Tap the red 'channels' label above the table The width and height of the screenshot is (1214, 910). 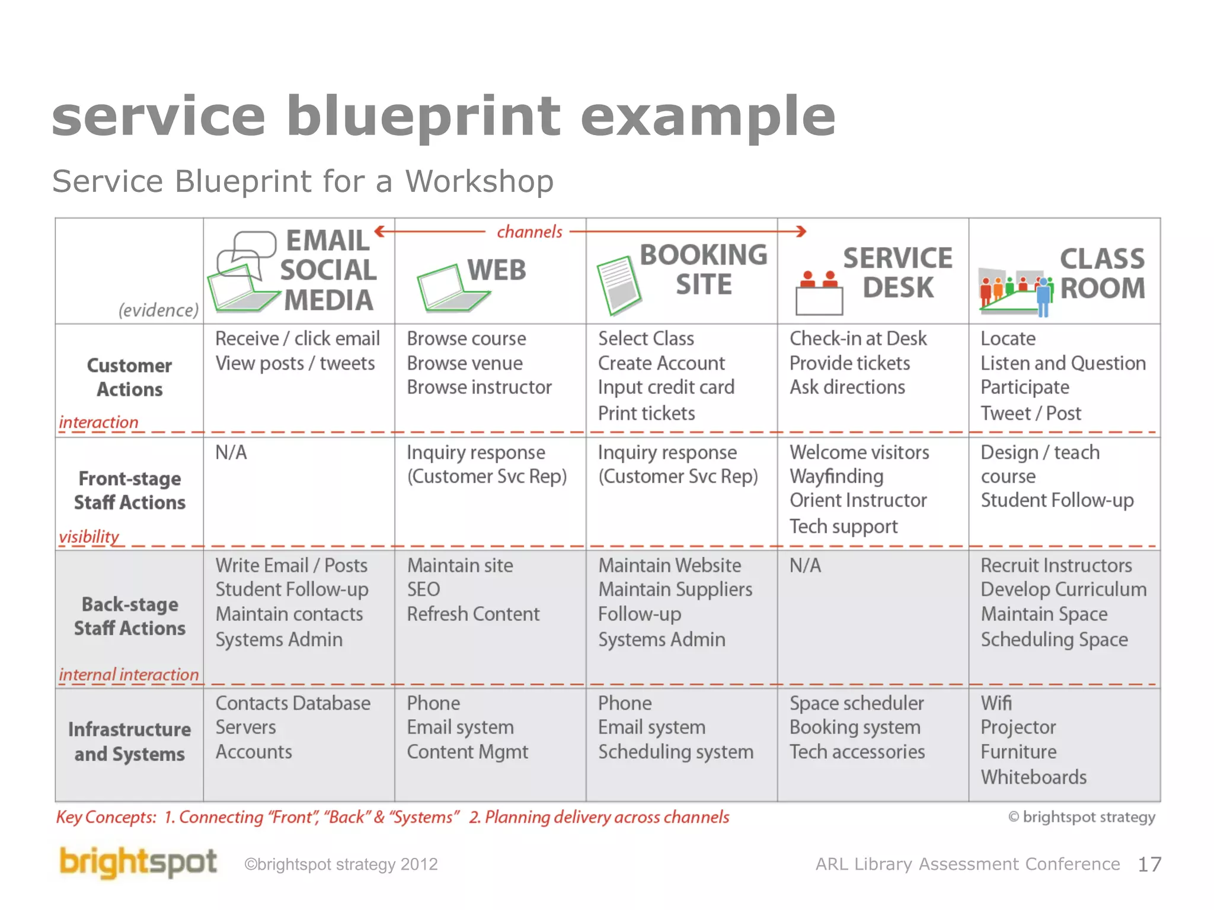(529, 232)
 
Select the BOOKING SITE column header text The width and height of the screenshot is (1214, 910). (703, 270)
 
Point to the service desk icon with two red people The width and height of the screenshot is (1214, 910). (819, 293)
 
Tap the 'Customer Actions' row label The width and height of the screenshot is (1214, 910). (129, 377)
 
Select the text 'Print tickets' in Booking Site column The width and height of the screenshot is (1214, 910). (646, 413)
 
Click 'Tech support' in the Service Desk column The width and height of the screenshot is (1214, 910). (843, 526)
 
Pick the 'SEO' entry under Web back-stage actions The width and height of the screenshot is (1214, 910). (423, 589)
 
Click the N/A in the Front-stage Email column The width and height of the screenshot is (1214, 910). (231, 453)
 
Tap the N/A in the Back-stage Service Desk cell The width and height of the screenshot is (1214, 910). (805, 566)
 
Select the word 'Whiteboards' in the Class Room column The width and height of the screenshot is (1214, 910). (1033, 777)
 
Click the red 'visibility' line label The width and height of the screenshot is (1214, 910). (89, 536)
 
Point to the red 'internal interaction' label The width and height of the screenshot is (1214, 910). (129, 674)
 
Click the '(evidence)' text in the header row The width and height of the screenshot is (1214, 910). (158, 310)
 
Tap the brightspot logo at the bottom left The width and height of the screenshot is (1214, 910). (138, 862)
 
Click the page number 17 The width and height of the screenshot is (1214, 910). (1149, 864)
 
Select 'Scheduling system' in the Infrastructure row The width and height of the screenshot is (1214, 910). (675, 752)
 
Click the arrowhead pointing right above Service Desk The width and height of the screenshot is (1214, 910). (801, 231)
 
